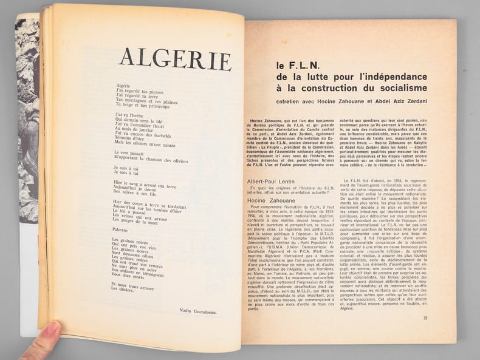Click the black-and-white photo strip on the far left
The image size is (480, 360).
pyautogui.click(x=26, y=73)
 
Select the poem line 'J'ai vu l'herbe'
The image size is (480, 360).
pyautogui.click(x=128, y=114)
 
